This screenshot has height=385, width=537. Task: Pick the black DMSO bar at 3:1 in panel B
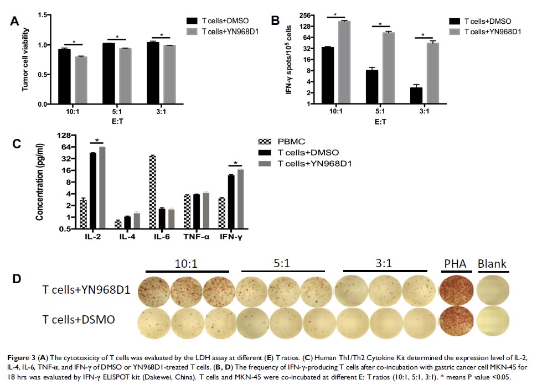(416, 95)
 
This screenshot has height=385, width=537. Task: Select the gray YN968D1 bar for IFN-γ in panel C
(240, 199)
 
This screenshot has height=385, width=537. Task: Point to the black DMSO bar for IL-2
(93, 190)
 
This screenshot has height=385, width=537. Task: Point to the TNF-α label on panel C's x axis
(195, 237)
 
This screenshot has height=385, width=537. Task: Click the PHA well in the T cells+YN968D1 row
(456, 291)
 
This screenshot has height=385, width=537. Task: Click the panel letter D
(17, 278)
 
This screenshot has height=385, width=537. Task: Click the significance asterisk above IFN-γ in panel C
(236, 163)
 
